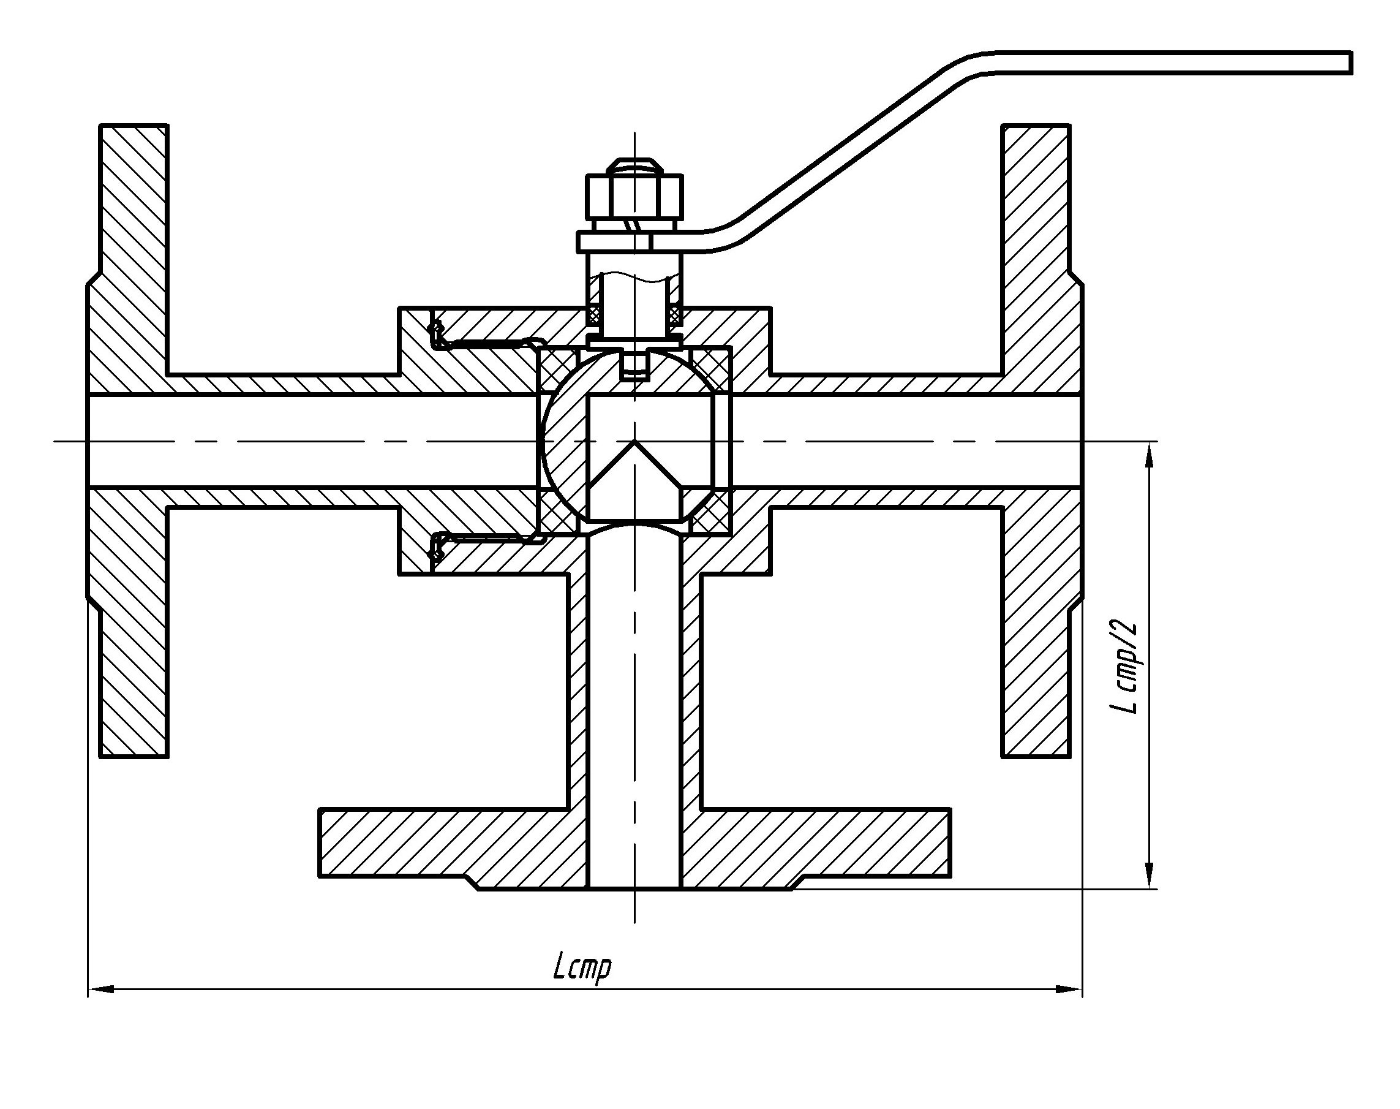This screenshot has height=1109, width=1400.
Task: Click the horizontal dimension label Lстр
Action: [x=582, y=969]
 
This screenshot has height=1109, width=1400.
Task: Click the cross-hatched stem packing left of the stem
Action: [x=595, y=315]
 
